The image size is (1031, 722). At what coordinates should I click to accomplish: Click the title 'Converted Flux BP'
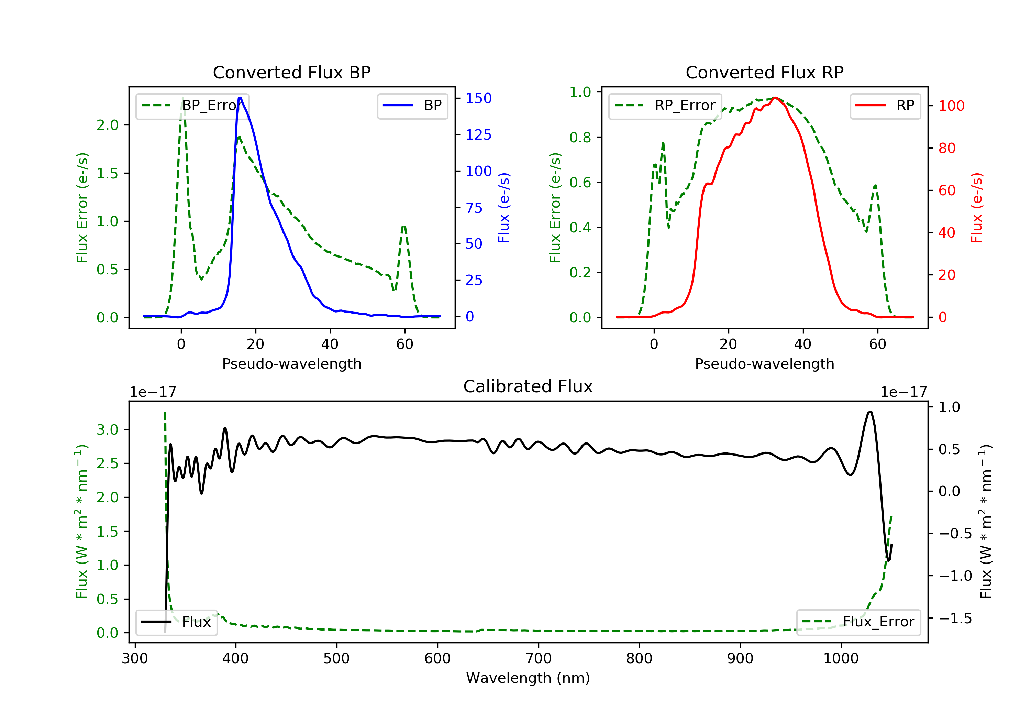(x=291, y=72)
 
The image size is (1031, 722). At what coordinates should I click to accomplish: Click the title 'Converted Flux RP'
(x=764, y=72)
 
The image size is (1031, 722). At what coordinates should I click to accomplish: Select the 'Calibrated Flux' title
(x=528, y=386)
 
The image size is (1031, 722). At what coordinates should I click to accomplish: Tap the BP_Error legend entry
(x=192, y=106)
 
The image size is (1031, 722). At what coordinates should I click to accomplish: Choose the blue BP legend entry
(x=412, y=106)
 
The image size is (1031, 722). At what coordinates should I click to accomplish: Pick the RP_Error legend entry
(x=665, y=106)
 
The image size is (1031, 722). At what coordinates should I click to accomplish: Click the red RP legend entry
(x=885, y=106)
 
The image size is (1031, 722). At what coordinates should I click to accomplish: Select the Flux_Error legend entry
(x=858, y=622)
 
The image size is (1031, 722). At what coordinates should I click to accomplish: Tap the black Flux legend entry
(x=176, y=622)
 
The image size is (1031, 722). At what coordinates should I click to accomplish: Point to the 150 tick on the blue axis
(x=479, y=98)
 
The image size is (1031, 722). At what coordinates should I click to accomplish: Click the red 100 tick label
(x=952, y=106)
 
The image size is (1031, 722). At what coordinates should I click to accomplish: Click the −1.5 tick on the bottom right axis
(x=955, y=618)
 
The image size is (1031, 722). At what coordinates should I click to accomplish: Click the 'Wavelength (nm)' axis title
(x=528, y=678)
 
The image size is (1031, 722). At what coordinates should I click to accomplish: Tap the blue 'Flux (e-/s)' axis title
(x=504, y=208)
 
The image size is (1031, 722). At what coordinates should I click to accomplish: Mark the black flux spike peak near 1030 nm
(x=870, y=412)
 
